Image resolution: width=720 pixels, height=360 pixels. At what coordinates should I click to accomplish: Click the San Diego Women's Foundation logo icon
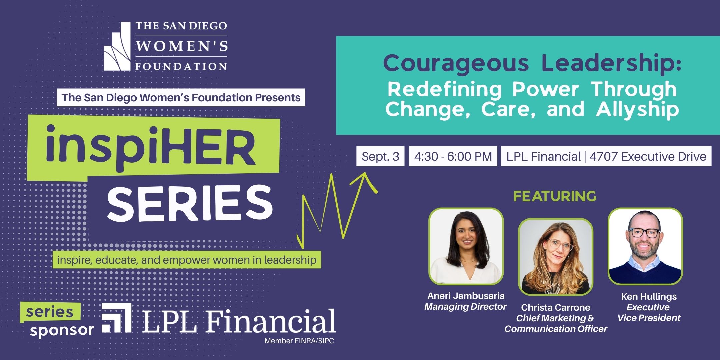(117, 46)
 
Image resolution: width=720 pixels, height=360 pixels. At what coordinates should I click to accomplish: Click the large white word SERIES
(190, 203)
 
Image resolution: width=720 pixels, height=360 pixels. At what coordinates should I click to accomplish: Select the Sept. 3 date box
(380, 156)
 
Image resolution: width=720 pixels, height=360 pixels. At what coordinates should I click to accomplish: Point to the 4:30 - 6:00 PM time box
(453, 156)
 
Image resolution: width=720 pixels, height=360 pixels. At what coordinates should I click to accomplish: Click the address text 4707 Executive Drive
(648, 156)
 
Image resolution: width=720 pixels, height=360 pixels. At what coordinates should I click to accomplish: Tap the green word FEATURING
(555, 196)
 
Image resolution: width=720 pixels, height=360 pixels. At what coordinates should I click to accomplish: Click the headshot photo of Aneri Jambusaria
(466, 246)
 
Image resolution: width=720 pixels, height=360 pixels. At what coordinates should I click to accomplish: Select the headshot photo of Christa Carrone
(556, 257)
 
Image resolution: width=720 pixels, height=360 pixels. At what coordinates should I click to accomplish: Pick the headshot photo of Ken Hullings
(645, 246)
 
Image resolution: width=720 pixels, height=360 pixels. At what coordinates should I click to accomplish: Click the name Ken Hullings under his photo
(649, 296)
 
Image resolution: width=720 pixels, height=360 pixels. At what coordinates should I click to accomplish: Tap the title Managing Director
(465, 307)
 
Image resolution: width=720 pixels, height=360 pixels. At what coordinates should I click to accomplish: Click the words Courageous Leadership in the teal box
(532, 63)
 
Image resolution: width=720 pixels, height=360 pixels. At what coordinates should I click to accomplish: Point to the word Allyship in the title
(637, 109)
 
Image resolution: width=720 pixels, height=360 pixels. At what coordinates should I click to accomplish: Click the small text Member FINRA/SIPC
(299, 341)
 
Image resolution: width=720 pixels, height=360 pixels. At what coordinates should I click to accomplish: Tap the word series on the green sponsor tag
(49, 312)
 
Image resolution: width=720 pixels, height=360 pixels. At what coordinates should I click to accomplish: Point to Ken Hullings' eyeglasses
(645, 233)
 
